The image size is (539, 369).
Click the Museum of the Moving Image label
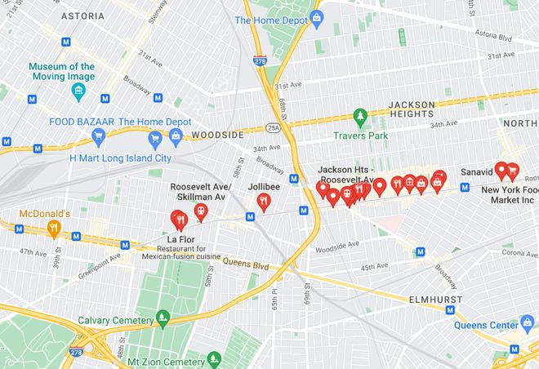(x=61, y=72)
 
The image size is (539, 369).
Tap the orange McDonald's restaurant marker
(x=54, y=228)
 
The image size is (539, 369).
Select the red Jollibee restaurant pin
(x=263, y=202)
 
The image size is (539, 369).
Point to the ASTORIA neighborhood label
(x=82, y=16)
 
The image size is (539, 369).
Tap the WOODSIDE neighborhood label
(x=217, y=135)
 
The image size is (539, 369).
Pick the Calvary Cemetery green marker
(x=163, y=318)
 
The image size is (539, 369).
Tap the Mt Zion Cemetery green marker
(x=214, y=359)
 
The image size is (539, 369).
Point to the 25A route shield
(x=272, y=127)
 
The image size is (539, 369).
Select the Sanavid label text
(x=477, y=173)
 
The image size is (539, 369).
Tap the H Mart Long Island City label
(x=120, y=158)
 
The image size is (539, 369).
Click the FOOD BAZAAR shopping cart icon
(x=99, y=138)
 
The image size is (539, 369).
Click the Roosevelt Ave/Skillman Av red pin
(x=200, y=211)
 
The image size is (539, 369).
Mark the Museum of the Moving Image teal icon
(x=78, y=89)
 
